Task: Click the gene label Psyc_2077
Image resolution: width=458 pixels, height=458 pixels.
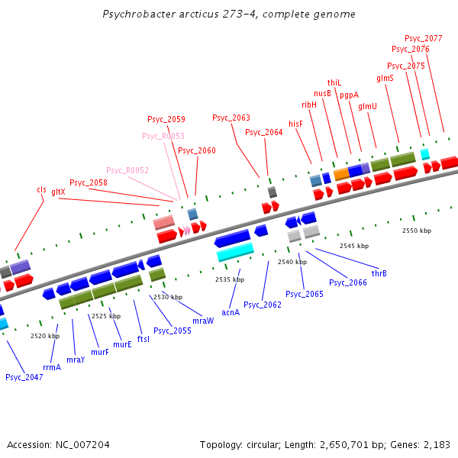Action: tap(423, 37)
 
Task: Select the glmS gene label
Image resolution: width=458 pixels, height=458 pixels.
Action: tap(385, 78)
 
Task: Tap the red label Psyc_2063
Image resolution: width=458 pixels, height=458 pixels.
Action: tap(231, 118)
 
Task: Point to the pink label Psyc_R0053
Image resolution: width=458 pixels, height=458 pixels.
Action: tap(163, 136)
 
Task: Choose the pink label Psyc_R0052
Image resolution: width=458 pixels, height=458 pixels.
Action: tap(127, 170)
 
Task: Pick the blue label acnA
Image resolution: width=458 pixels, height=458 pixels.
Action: tap(231, 312)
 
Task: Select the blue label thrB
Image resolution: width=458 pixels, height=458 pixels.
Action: tap(379, 273)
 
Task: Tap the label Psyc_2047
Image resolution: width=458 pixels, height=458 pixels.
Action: tap(24, 377)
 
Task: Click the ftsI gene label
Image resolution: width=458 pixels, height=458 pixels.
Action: tap(144, 339)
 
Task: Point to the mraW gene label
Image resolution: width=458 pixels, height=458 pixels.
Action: tap(203, 321)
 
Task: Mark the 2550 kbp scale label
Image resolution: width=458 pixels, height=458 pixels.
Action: tap(417, 230)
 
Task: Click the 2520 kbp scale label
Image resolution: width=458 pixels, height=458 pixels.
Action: tap(45, 335)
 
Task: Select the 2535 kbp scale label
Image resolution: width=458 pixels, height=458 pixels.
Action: tap(230, 279)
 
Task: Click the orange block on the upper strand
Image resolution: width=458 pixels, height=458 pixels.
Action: tap(341, 174)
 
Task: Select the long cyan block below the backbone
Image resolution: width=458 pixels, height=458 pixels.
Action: tap(235, 251)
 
